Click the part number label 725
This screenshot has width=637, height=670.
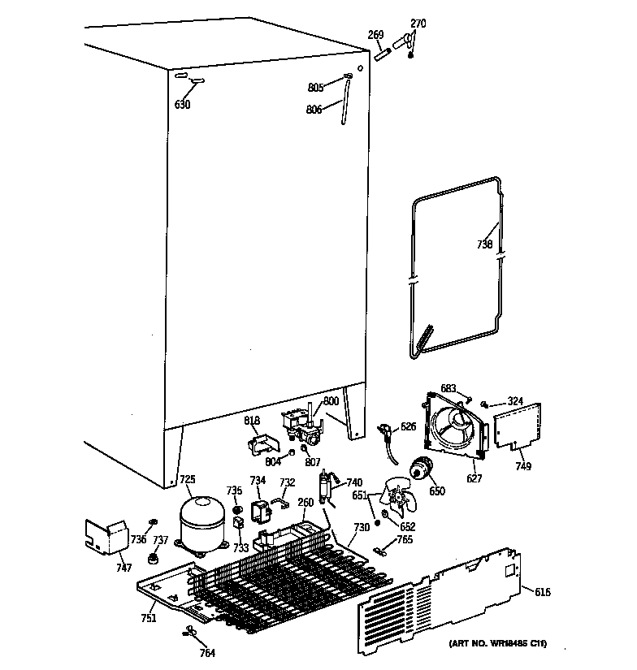[x=188, y=481]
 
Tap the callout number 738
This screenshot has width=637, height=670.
[x=485, y=244]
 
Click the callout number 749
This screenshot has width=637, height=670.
[x=523, y=466]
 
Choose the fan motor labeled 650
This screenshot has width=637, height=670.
[x=421, y=469]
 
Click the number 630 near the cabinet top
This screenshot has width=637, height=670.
[x=183, y=105]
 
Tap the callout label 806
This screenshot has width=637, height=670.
[x=314, y=109]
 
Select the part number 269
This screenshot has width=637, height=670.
[x=376, y=35]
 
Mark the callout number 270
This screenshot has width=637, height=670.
[x=418, y=24]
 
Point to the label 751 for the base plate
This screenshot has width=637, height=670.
[x=148, y=619]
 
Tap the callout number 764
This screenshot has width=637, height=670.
[x=208, y=654]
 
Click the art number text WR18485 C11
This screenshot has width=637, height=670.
[x=497, y=644]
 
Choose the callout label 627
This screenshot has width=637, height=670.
[x=474, y=478]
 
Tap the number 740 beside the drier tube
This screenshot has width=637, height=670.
[x=354, y=482]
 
